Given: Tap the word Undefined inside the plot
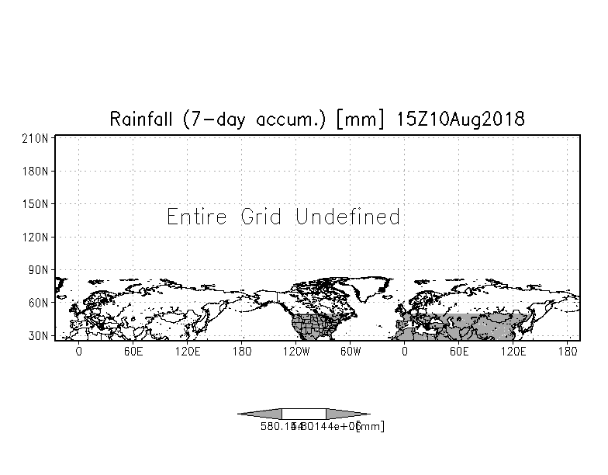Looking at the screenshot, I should click(x=348, y=217).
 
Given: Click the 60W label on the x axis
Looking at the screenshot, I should click(x=351, y=352).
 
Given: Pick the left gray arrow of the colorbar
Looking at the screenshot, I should click(x=261, y=414).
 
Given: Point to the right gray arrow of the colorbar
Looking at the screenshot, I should click(x=347, y=414).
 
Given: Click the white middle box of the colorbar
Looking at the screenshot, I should click(x=303, y=414).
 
